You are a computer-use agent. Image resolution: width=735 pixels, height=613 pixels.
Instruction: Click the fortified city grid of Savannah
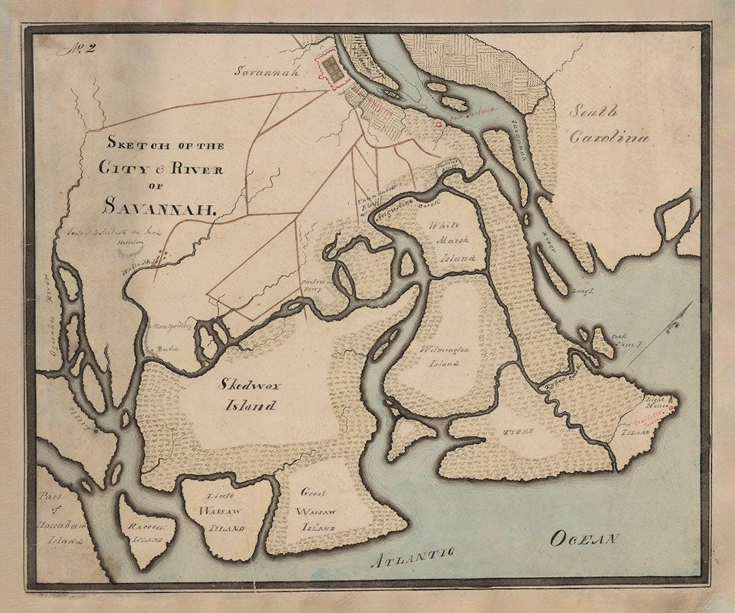coord(332,69)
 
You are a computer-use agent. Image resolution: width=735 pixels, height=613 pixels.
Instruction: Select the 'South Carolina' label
coord(608,125)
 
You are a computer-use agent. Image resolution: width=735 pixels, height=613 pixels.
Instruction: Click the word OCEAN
coord(585,539)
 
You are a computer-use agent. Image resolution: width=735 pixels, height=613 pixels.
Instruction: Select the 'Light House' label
coord(658,400)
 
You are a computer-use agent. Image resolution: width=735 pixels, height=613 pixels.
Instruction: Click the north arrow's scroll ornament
coord(674,328)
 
